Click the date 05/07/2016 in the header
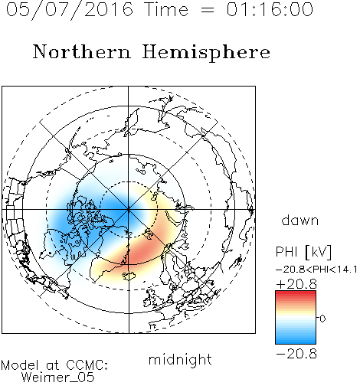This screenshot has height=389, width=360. [x=70, y=10]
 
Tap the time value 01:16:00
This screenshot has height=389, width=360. [x=270, y=9]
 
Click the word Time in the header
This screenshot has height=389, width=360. [x=166, y=9]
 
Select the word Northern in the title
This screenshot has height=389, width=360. [x=82, y=52]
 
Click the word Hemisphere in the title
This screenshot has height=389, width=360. [x=206, y=53]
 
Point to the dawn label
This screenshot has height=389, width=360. [x=300, y=221]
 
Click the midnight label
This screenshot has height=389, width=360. [x=180, y=359]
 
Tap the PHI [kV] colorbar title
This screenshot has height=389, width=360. [x=303, y=252]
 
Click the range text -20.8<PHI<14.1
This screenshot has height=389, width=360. [x=316, y=270]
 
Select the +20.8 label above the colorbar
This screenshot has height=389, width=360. [x=296, y=284]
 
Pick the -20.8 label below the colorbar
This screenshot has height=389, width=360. [x=296, y=354]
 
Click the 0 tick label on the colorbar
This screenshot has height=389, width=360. [x=322, y=319]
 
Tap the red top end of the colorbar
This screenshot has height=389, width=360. [x=296, y=293]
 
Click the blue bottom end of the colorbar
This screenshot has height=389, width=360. [x=296, y=342]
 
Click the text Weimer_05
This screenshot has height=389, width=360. [x=58, y=378]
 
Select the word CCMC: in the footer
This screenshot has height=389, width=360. [x=87, y=365]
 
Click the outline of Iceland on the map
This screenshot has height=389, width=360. [x=129, y=276]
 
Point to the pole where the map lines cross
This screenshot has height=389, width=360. [x=129, y=210]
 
